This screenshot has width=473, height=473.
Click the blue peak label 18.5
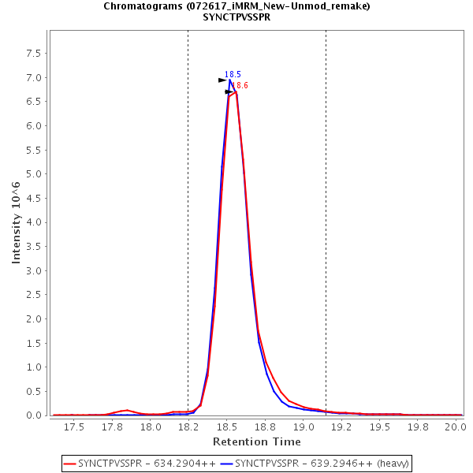(233, 75)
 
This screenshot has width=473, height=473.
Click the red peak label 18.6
(240, 85)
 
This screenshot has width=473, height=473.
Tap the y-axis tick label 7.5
(33, 54)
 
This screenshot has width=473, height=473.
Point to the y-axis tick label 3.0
(33, 270)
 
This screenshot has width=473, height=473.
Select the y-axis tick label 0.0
(33, 415)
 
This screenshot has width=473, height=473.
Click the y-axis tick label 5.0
(33, 174)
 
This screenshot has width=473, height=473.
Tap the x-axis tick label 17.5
(74, 427)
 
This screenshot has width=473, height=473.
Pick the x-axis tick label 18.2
(188, 427)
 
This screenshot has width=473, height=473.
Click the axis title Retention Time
(257, 441)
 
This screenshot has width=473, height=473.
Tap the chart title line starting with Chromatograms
(236, 6)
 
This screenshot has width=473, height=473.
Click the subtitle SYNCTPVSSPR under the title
(236, 17)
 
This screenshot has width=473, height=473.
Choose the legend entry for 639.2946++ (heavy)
(317, 463)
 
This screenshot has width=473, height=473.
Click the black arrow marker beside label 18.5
(222, 80)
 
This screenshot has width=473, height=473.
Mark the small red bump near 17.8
(126, 410)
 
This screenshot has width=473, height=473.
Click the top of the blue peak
(230, 80)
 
